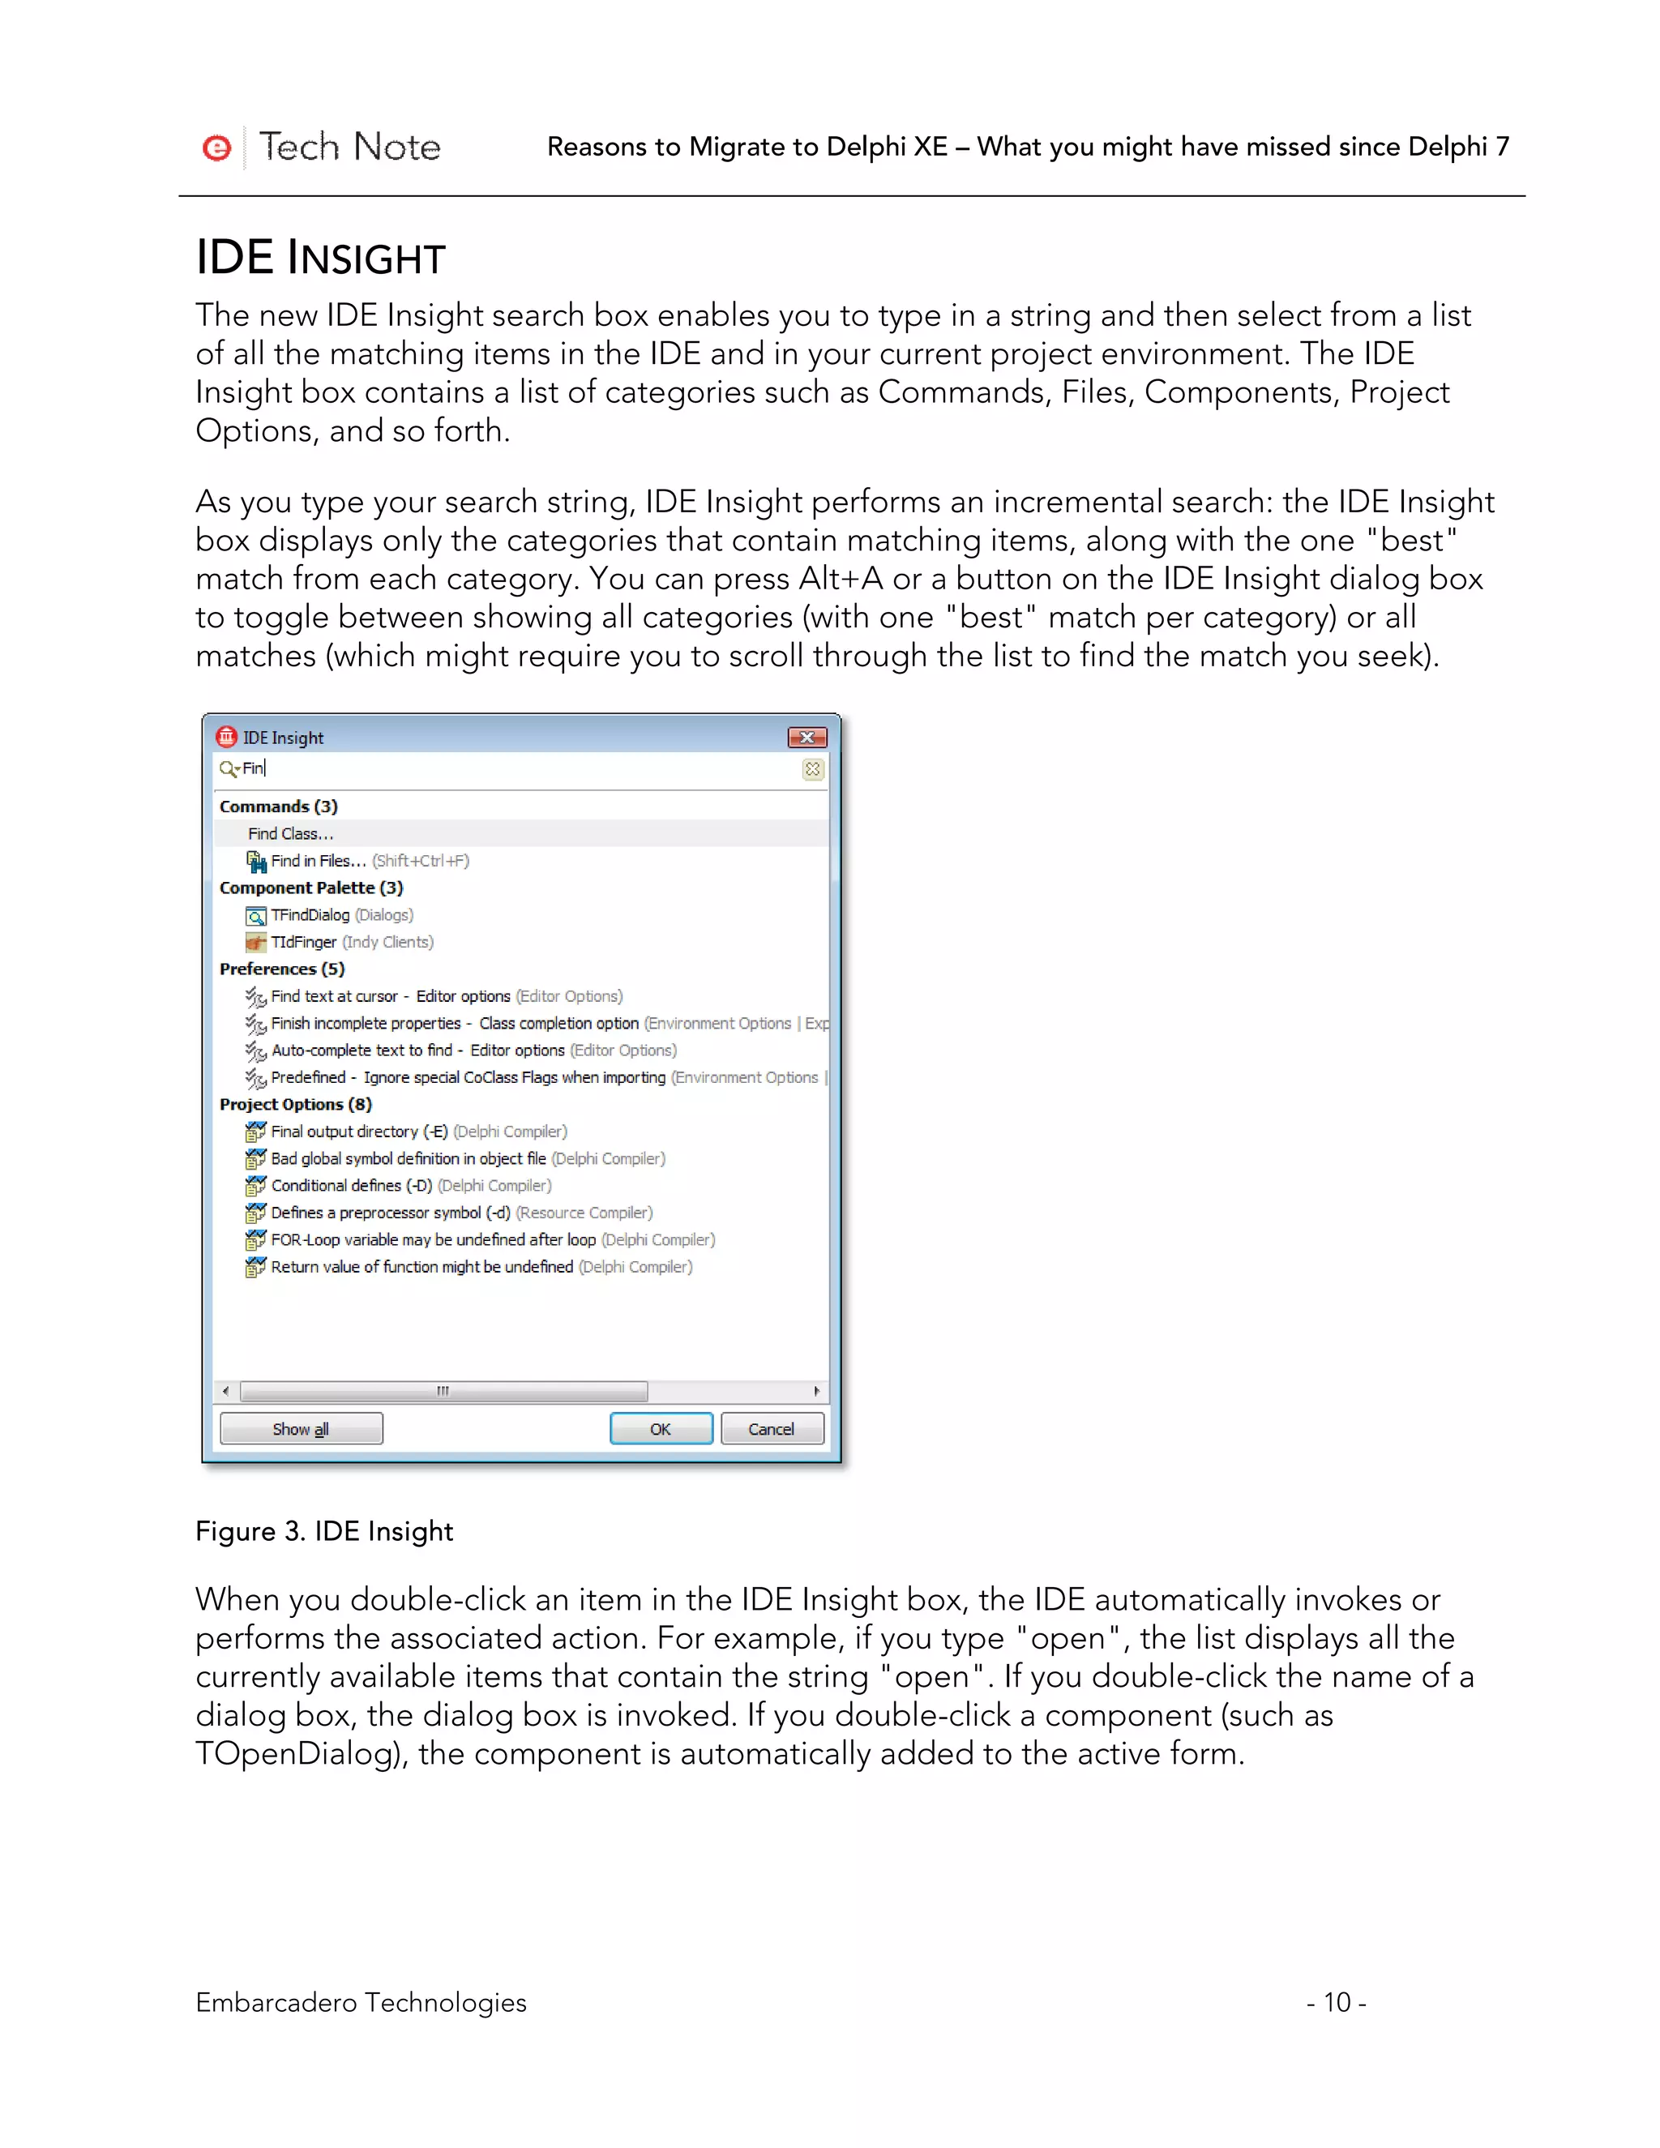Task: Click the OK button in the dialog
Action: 661,1428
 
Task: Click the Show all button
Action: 301,1428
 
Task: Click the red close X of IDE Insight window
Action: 806,737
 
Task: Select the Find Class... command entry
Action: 291,833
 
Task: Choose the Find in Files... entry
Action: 319,861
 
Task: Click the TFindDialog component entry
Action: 310,914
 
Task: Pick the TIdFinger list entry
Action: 304,942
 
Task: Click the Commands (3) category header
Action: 278,807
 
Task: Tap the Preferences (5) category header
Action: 282,969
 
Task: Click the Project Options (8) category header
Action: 296,1105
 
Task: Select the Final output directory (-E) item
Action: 359,1131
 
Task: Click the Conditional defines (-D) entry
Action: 351,1185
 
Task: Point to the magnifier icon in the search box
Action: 228,768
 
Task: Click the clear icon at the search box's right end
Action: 812,769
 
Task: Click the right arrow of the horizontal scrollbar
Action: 816,1391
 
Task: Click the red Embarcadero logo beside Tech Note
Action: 216,148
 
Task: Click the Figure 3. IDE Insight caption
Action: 323,1531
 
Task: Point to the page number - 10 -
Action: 1336,2002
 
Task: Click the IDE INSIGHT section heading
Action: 321,258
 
